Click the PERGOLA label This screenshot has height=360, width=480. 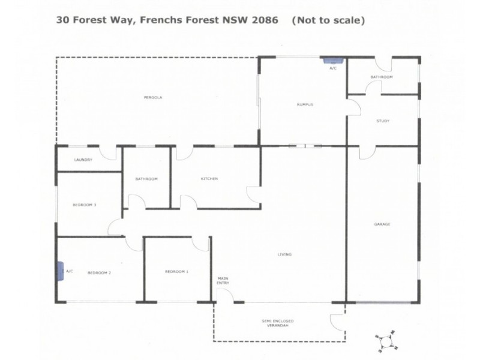click(x=153, y=97)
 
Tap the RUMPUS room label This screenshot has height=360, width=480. click(x=305, y=105)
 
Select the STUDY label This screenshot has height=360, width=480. click(x=383, y=121)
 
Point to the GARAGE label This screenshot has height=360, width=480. click(x=382, y=224)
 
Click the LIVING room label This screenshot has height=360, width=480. click(x=284, y=254)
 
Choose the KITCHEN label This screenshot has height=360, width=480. click(x=209, y=179)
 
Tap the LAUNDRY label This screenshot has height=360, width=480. click(x=83, y=160)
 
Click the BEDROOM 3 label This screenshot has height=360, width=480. click(x=85, y=205)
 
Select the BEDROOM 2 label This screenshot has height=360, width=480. click(x=99, y=272)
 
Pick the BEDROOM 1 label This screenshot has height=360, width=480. click(x=176, y=272)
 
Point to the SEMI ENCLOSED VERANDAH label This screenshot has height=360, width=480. click(x=277, y=325)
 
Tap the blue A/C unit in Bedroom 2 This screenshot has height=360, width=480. click(x=61, y=271)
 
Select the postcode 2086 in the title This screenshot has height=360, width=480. click(x=265, y=20)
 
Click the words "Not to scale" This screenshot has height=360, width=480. click(x=328, y=20)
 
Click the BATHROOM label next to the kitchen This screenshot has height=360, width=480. click(x=146, y=179)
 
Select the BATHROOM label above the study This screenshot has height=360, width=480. click(x=381, y=77)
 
